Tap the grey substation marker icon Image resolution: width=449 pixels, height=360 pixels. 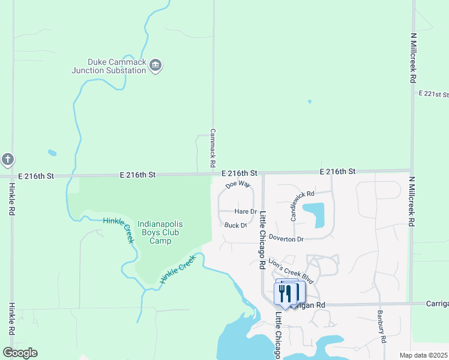[x=155, y=65]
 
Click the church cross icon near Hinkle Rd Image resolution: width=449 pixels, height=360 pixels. [x=7, y=160]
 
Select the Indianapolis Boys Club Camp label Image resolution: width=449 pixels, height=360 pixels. [x=160, y=232]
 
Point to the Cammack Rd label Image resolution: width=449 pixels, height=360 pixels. [x=212, y=147]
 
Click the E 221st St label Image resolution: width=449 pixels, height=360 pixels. [x=433, y=94]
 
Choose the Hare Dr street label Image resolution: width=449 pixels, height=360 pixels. [x=246, y=212]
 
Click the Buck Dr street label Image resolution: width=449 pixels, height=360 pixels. [x=235, y=226]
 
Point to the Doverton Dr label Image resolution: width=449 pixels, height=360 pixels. [x=286, y=239]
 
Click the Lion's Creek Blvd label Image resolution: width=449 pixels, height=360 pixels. [x=292, y=270]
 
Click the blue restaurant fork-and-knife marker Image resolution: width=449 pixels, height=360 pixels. [x=285, y=293]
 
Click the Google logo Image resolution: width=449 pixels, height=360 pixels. [x=20, y=352]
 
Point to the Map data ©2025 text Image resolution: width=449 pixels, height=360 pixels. [x=423, y=355]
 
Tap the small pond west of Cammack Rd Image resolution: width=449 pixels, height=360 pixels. [x=52, y=152]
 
